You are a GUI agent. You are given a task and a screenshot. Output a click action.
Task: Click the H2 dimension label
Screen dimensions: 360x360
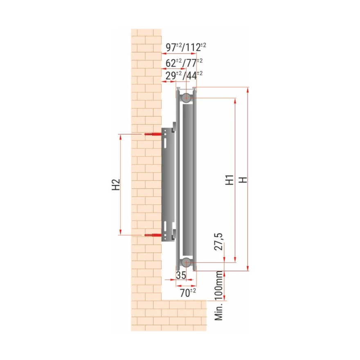coord(116,184)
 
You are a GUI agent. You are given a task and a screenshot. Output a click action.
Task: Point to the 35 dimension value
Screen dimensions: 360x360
coord(181,275)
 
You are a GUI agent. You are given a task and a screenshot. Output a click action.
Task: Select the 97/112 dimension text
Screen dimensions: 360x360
coord(185,47)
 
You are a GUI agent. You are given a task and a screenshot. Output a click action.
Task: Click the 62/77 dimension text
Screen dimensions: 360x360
coord(184,63)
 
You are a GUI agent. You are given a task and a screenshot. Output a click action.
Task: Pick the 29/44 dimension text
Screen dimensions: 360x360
coord(184,76)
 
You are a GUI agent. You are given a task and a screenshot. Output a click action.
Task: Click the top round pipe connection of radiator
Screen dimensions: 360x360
coord(186,98)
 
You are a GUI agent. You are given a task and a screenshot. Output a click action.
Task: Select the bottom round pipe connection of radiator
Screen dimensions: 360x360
coord(186,262)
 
